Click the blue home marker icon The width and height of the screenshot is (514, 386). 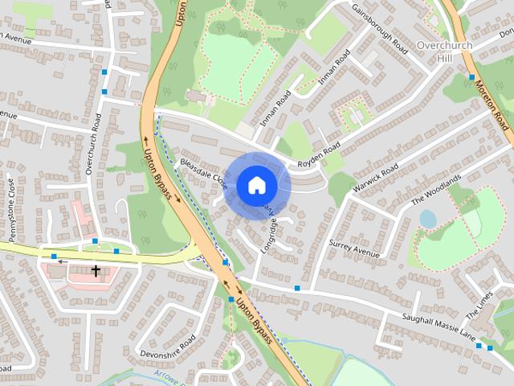coord(255,185)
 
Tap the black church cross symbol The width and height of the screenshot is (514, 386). coord(96,271)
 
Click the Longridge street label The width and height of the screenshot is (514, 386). coord(267,237)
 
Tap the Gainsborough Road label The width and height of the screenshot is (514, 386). coord(380,29)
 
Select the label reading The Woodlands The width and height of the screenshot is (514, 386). coord(437,189)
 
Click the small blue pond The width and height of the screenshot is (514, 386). coord(427,219)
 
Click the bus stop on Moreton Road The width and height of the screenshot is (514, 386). coord(471,77)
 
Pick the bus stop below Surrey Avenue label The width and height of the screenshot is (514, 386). coord(297,288)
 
